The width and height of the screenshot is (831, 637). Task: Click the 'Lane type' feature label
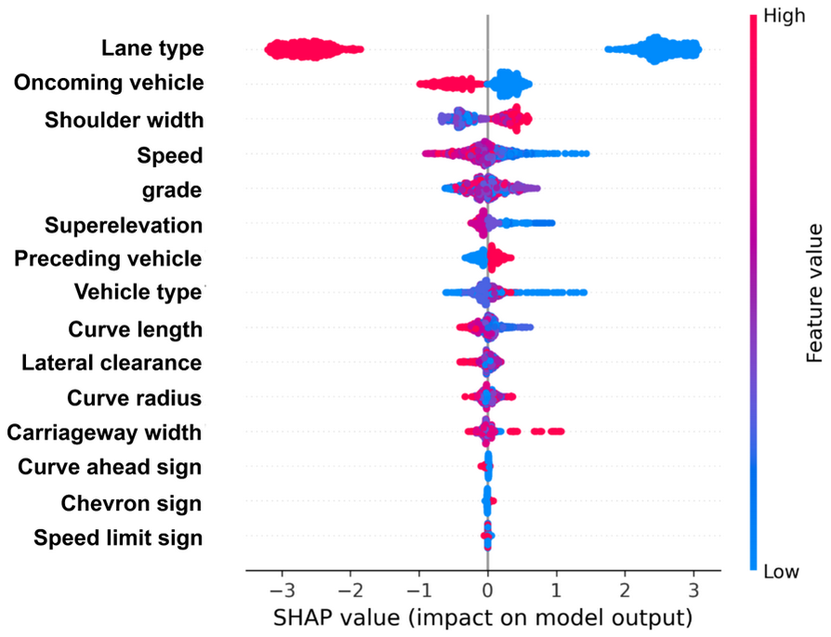[x=153, y=48]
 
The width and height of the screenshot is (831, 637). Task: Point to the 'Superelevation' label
[x=124, y=224]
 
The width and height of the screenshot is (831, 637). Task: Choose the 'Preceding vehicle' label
[x=109, y=259]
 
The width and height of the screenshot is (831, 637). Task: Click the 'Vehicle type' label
[x=138, y=294]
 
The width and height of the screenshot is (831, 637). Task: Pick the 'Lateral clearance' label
[x=112, y=363]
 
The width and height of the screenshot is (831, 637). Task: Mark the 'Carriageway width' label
[x=104, y=432]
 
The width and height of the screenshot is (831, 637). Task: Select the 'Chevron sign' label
[x=132, y=503]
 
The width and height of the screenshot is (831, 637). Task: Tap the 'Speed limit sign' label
[x=118, y=537]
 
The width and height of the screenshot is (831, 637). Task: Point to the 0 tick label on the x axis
[x=487, y=591]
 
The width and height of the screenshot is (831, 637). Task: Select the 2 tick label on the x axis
[x=625, y=591]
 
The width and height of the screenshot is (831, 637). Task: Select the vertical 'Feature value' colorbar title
[x=815, y=293]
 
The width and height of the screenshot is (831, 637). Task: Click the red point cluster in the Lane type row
[x=311, y=49]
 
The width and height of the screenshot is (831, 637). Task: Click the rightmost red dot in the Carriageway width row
[x=558, y=431]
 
